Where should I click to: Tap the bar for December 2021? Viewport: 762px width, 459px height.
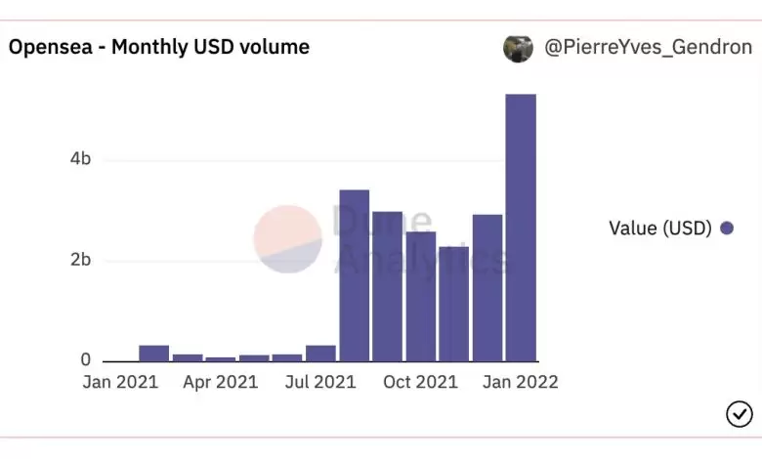(x=487, y=288)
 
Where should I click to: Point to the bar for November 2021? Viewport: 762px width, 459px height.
(x=453, y=304)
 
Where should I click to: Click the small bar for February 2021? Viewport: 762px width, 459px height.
(x=153, y=354)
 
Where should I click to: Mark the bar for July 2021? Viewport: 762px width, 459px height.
(x=320, y=354)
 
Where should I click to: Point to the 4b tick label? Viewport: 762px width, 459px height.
(x=80, y=159)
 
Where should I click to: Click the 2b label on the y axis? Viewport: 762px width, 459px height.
(x=80, y=260)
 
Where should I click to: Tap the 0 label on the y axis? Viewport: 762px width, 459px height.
(x=85, y=360)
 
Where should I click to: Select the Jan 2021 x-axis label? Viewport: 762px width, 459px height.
(x=119, y=382)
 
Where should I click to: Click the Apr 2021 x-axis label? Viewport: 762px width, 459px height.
(x=220, y=382)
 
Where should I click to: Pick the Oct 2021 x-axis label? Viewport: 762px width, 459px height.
(x=420, y=382)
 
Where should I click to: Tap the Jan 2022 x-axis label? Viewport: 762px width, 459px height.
(x=520, y=382)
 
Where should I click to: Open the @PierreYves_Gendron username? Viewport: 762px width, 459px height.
(x=646, y=47)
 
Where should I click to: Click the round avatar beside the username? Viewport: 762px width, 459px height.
(x=518, y=48)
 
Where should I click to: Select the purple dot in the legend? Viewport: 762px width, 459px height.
(x=726, y=229)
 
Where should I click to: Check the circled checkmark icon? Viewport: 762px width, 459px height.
(x=739, y=415)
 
